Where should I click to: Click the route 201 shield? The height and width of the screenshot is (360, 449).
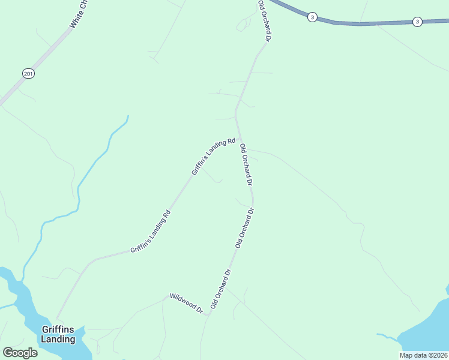[28, 73]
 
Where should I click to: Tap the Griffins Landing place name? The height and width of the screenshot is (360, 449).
[58, 334]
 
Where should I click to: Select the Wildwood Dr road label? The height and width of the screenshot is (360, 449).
[186, 303]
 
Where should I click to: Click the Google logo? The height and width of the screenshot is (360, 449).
[20, 353]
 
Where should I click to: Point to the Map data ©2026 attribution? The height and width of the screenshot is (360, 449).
[423, 355]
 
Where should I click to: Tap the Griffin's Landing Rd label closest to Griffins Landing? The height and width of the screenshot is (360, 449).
[151, 230]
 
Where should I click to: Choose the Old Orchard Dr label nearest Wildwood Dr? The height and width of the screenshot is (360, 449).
[221, 289]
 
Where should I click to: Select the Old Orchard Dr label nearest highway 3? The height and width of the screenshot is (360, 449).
[265, 20]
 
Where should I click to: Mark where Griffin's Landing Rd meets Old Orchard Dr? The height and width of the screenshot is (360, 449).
[240, 137]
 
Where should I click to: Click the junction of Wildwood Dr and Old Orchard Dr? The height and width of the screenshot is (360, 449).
[208, 314]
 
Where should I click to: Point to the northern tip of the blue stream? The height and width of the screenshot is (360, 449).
[128, 116]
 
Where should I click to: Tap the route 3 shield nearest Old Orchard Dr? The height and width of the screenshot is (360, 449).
[312, 17]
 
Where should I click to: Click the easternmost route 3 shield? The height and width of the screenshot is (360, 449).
[417, 22]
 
